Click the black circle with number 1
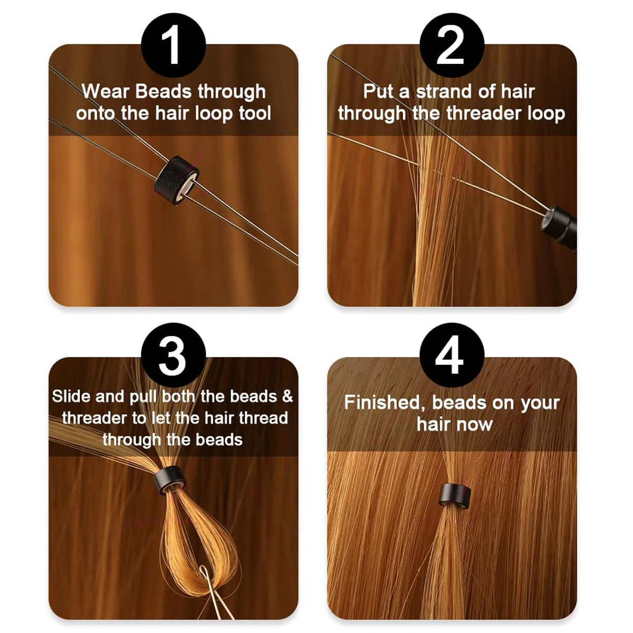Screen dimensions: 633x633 [174, 45]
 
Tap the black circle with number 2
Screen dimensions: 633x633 [452, 45]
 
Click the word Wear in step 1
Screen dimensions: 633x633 [105, 92]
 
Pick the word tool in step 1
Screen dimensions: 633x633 [255, 113]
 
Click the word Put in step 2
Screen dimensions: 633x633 [378, 92]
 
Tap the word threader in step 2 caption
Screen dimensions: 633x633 [484, 113]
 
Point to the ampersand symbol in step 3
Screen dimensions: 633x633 [287, 397]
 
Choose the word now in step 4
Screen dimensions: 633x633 [476, 424]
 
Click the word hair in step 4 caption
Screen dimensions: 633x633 [433, 424]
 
